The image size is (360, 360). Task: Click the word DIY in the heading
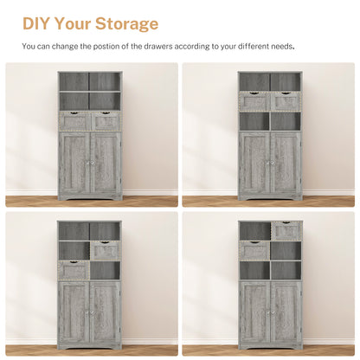[x=38, y=23]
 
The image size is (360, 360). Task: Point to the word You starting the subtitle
[x=29, y=47]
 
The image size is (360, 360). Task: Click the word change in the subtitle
[x=66, y=47]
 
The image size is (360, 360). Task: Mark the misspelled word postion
[x=112, y=47]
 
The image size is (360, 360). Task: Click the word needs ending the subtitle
[x=283, y=47]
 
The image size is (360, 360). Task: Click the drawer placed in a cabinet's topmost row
[x=286, y=231]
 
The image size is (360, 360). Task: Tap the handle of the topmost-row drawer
[x=286, y=226]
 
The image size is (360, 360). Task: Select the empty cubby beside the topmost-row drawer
[x=254, y=231]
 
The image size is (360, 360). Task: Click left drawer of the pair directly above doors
[x=74, y=122]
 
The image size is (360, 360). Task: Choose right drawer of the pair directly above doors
[x=105, y=122]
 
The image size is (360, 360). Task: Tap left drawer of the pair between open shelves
[x=254, y=102]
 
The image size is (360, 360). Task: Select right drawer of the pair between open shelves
[x=286, y=102]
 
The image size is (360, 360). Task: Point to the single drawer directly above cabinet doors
[x=74, y=271]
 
